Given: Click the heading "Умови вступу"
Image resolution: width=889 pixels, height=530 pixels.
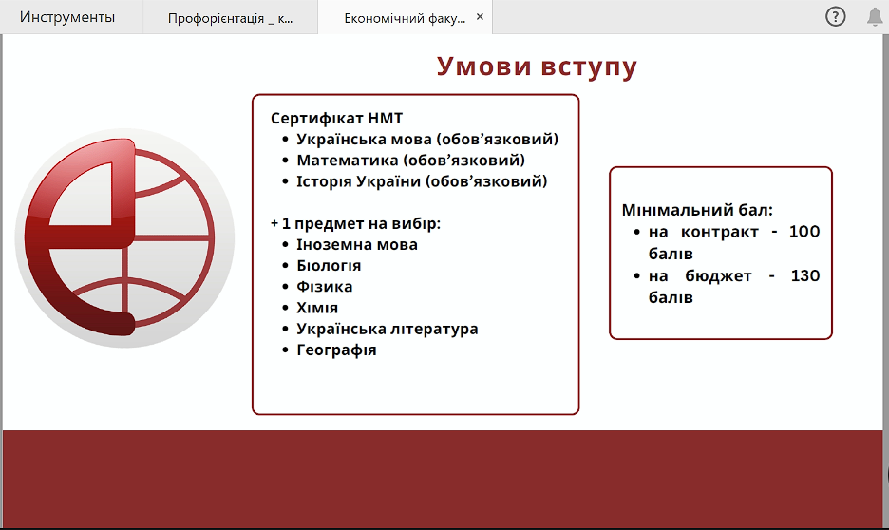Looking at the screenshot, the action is [537, 66].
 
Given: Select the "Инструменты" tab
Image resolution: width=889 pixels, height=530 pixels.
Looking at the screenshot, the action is [67, 17].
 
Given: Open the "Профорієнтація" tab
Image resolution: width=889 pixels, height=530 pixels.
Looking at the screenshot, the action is [230, 18].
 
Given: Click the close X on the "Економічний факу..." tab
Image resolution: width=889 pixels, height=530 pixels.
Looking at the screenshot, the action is [480, 17].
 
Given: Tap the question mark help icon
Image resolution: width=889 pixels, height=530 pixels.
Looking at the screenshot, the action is [835, 16].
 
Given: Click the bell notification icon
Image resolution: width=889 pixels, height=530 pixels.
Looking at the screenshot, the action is [875, 17].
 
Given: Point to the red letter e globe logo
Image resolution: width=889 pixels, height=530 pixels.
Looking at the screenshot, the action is [124, 237].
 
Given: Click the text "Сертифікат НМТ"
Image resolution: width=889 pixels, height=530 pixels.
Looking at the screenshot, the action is [337, 118].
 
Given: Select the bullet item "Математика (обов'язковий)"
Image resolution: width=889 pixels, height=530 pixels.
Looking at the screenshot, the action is [410, 161].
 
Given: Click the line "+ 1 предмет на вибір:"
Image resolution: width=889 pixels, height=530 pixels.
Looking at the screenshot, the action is [355, 223].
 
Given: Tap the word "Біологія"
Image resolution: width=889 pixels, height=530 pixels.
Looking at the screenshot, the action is [329, 265].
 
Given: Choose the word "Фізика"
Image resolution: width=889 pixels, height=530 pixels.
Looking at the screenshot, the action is [324, 286].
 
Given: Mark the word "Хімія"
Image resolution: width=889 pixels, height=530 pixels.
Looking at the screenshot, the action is [317, 308].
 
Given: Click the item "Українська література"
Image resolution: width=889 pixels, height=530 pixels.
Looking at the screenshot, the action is [388, 329].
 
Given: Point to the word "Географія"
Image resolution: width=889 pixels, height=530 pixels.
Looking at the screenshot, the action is [336, 350].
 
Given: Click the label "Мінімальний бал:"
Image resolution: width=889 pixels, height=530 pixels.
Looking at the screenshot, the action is [697, 210].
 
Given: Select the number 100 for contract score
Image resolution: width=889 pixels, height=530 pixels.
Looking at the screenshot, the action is [804, 232].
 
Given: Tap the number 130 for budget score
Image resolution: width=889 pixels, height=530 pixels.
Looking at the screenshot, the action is [805, 276].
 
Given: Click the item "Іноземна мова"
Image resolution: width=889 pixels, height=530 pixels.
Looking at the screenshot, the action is [357, 244].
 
